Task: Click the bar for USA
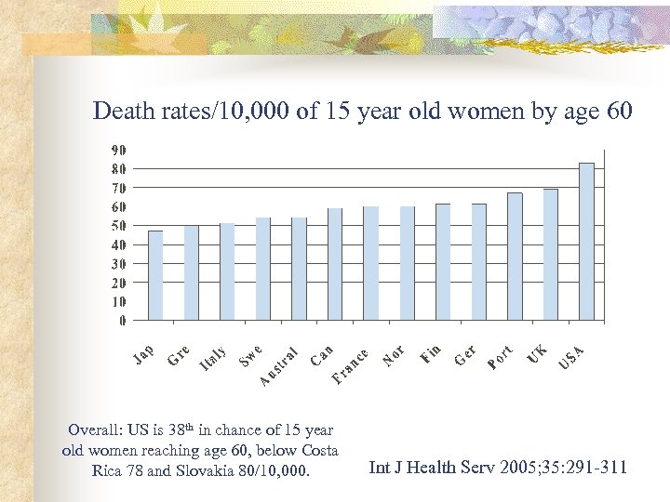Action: (x=586, y=242)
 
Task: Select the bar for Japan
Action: (x=155, y=275)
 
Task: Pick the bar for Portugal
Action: (x=515, y=257)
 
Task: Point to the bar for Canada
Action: (x=335, y=264)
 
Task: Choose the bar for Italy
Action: (x=227, y=271)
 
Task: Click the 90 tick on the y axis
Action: (x=120, y=150)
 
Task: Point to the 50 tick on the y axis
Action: (x=120, y=226)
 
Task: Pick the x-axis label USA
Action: (x=571, y=356)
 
